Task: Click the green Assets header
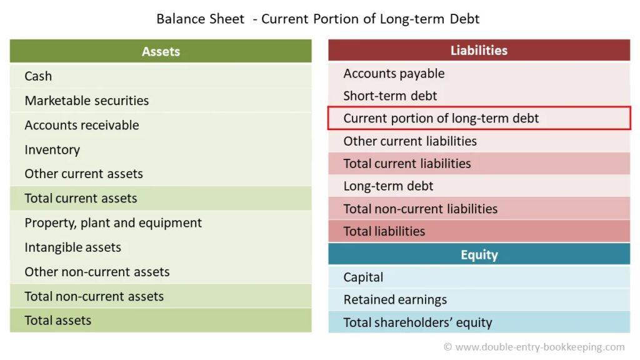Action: coord(161,51)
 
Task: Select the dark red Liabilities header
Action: coord(479,50)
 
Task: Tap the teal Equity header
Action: coord(479,254)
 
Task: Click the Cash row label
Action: coord(38,76)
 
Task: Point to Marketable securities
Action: coord(86,101)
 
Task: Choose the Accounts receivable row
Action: coord(82,125)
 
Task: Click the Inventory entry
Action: coord(52,150)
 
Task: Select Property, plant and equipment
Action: coord(113,223)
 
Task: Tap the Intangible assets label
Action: coord(72,247)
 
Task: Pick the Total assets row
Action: coord(161,321)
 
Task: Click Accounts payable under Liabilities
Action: coord(394,74)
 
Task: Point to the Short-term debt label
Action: coord(390,96)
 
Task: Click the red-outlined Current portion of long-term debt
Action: coord(479,118)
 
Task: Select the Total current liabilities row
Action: coord(479,164)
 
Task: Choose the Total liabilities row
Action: coord(479,231)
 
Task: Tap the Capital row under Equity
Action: coord(479,277)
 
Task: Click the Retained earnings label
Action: coord(395,299)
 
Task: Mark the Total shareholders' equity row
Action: coord(479,322)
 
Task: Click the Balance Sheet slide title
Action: coord(318,19)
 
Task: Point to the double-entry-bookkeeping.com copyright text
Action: coord(534,347)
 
